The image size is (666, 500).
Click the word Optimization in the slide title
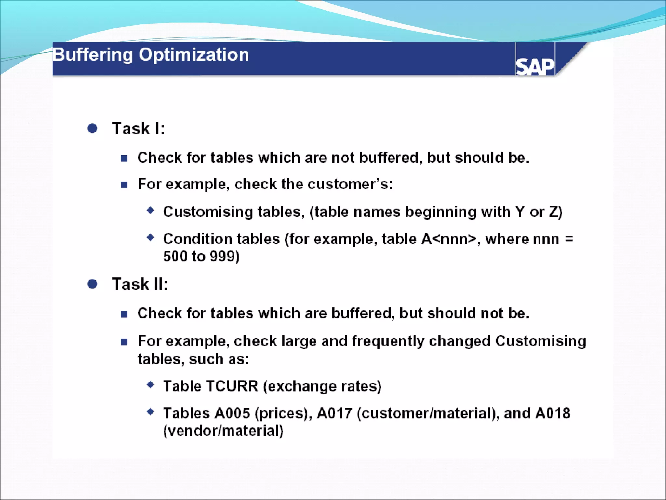(x=194, y=55)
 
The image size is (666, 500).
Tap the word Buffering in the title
(x=93, y=55)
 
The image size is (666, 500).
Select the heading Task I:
(x=138, y=128)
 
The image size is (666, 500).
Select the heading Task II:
(x=140, y=284)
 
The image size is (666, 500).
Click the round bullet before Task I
(x=92, y=128)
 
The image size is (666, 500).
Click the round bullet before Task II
(x=92, y=284)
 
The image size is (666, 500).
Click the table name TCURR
(x=232, y=386)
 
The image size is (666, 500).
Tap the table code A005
(x=232, y=413)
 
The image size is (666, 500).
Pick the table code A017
(x=334, y=413)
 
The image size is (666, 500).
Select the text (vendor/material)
(x=223, y=431)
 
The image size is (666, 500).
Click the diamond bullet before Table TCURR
(x=150, y=385)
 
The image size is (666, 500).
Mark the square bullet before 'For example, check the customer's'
(x=124, y=185)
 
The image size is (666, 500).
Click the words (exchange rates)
(x=322, y=386)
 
